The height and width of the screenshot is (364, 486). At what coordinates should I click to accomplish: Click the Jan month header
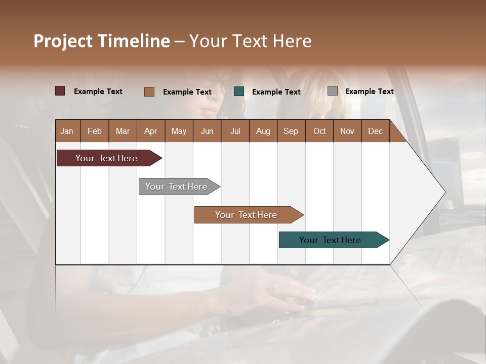point(67,131)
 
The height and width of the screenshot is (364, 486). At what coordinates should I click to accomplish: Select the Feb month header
point(95,131)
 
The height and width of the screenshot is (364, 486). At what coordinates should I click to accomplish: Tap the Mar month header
point(123,131)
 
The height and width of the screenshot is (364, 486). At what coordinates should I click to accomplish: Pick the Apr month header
point(150,131)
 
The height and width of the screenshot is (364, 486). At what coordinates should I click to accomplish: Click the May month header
point(179,131)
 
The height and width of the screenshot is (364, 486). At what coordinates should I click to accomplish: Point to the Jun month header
point(207,131)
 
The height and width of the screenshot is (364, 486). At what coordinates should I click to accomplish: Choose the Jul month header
point(235,131)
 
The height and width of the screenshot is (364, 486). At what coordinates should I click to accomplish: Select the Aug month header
point(263,131)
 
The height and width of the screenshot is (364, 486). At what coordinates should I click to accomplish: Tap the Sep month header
point(291,131)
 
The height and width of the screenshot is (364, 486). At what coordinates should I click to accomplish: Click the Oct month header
point(319,131)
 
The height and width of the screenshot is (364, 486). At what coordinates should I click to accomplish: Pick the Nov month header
point(347,131)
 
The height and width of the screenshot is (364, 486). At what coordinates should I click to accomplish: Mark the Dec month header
point(375,131)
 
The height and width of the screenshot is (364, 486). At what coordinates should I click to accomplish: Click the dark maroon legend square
point(60,91)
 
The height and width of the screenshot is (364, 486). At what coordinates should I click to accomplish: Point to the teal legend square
point(239,91)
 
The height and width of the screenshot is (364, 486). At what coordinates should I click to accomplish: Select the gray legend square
point(332,91)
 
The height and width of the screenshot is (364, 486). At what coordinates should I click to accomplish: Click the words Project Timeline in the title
point(102,41)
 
